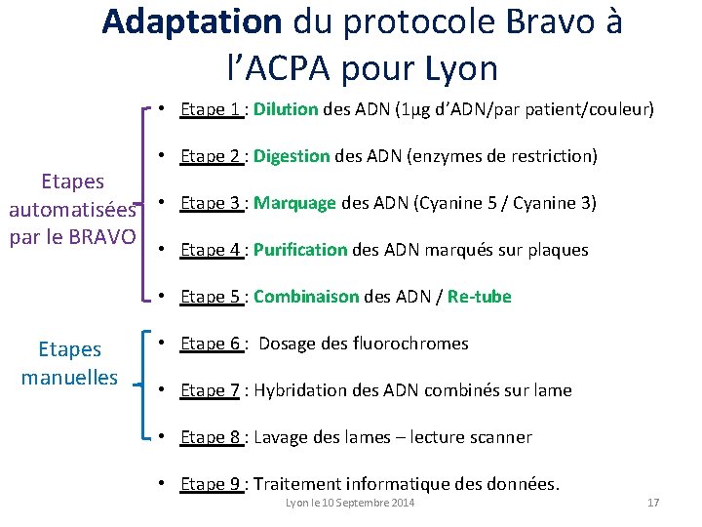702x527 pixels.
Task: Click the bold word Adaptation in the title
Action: [x=190, y=21]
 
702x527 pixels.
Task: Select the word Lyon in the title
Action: [x=462, y=68]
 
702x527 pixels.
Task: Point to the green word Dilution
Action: [x=286, y=109]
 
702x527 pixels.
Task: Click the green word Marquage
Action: [x=294, y=203]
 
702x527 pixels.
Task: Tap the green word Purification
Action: [x=299, y=250]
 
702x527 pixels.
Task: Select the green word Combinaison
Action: [x=306, y=297]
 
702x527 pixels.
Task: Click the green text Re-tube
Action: [x=479, y=297]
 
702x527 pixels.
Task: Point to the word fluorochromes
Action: [x=413, y=344]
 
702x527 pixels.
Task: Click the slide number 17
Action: [x=653, y=503]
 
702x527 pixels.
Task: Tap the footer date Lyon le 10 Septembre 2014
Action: [x=350, y=503]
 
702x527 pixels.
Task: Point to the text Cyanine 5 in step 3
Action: [x=455, y=203]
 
